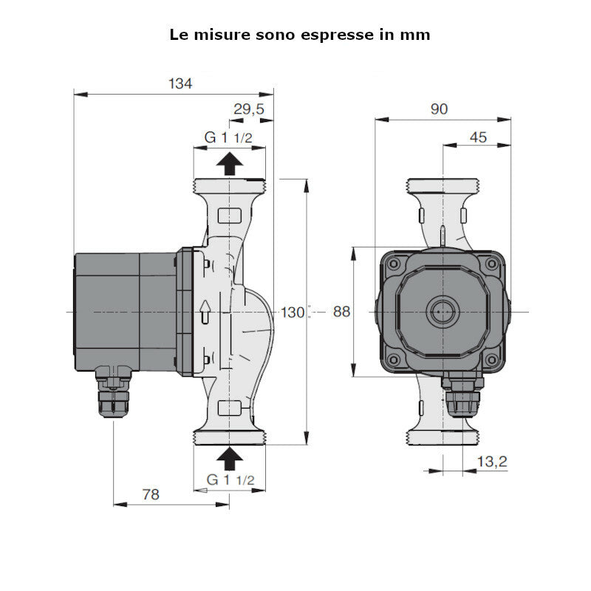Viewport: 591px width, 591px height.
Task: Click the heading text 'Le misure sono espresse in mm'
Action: [x=300, y=35]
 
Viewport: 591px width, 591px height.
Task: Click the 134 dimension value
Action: [x=180, y=83]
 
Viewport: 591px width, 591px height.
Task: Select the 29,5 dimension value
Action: [x=249, y=109]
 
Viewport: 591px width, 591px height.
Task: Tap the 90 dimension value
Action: [x=439, y=109]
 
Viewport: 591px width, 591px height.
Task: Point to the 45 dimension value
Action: [x=478, y=137]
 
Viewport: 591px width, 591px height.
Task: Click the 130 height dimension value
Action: [x=293, y=312]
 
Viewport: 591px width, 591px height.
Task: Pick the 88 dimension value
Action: [x=341, y=312]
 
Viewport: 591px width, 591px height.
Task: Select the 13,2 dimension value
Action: [x=491, y=462]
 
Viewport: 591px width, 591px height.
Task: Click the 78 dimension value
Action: [x=150, y=494]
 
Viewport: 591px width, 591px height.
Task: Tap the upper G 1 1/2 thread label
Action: [x=229, y=137]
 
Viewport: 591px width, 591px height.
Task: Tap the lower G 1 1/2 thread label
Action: [x=230, y=480]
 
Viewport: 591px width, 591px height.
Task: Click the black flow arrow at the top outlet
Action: [x=230, y=163]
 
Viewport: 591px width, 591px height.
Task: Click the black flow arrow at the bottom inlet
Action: [x=230, y=459]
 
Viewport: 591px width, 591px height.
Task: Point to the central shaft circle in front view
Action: [x=442, y=312]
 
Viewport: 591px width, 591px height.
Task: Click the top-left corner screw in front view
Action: [x=394, y=264]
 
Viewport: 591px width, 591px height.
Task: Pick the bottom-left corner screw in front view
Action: [x=394, y=360]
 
